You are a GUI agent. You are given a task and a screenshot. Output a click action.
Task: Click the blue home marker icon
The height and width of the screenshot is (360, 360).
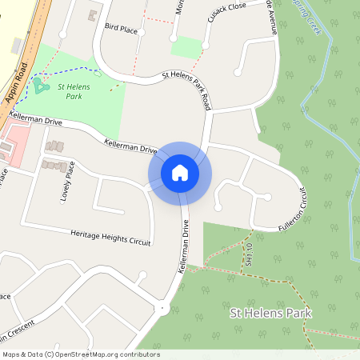[179, 173]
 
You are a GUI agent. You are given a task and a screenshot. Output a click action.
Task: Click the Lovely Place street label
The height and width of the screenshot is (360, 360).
[70, 182]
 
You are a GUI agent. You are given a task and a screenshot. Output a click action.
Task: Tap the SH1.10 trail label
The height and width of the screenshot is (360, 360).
[250, 254]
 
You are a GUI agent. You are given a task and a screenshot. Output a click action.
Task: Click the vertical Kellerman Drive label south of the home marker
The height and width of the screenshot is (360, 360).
[182, 247]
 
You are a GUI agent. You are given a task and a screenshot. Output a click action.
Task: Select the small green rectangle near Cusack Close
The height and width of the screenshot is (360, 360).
[186, 47]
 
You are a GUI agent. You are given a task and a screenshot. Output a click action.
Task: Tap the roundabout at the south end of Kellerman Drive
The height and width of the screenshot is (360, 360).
[162, 307]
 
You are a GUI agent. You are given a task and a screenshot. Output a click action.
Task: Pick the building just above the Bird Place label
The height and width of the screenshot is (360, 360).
[93, 15]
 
